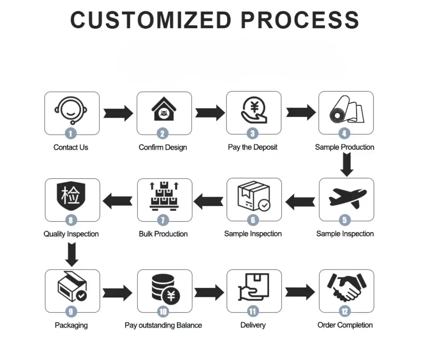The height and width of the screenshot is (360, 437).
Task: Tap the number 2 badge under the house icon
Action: point(162,134)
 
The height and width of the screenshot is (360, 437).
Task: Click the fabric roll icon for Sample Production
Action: point(345,110)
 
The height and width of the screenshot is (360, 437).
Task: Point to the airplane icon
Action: point(347,197)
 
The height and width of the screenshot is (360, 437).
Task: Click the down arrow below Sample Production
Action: point(347,165)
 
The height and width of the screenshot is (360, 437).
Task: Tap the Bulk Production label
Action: point(163,234)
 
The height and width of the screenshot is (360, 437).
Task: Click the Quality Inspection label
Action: point(71,234)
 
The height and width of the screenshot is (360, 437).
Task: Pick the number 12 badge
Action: point(344,312)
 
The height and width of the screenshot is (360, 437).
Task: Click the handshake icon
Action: point(346,287)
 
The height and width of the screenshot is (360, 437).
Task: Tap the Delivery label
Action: point(253,325)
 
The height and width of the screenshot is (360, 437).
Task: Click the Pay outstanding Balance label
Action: point(163,325)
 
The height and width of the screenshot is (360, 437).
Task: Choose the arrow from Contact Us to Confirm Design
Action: point(118,113)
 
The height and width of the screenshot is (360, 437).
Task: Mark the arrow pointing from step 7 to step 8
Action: point(118,201)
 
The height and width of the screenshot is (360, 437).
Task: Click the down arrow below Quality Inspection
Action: point(72,254)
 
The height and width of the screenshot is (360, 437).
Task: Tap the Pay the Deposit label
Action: point(253,147)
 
